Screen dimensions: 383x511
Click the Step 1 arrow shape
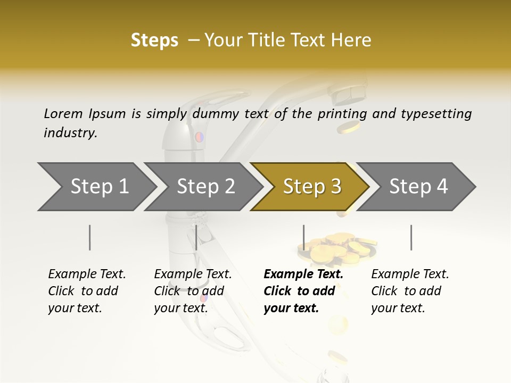(x=96, y=187)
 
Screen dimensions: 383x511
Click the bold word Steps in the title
(x=154, y=40)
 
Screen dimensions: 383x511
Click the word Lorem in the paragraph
(x=63, y=114)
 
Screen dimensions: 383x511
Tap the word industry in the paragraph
(x=70, y=133)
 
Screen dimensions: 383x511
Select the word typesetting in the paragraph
(x=436, y=114)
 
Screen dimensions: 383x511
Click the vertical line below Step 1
(x=90, y=237)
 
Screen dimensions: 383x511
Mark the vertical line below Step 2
(x=196, y=237)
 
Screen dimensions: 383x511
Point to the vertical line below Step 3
(x=303, y=237)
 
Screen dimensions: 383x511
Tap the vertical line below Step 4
(x=411, y=237)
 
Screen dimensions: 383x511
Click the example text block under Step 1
(x=87, y=291)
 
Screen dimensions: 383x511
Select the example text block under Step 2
(x=193, y=291)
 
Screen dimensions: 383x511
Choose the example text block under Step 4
(x=410, y=291)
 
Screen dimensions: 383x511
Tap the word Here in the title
(x=353, y=40)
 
